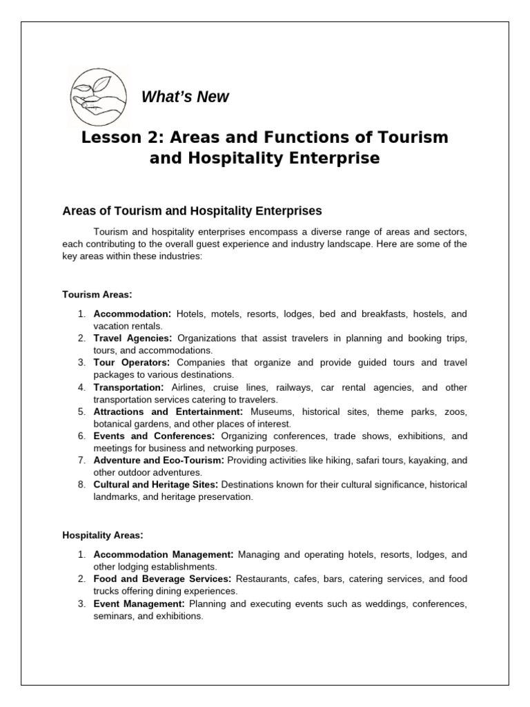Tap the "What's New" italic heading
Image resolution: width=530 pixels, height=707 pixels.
(184, 97)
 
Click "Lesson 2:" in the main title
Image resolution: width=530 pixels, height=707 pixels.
(114, 137)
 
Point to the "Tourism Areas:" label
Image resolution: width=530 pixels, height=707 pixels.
(97, 295)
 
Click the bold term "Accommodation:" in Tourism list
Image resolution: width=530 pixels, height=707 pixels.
(132, 314)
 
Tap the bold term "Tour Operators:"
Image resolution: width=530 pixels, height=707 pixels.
(131, 362)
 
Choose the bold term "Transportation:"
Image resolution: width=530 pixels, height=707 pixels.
(128, 387)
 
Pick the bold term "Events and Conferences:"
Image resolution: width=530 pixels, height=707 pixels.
(155, 436)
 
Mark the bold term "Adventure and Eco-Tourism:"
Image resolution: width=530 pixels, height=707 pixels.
(159, 461)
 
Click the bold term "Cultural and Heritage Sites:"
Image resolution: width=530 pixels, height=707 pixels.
(156, 485)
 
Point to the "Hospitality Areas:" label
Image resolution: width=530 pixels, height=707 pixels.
(103, 534)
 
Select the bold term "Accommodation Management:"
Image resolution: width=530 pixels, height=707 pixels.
(164, 554)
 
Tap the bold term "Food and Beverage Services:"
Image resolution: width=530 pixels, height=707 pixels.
(162, 579)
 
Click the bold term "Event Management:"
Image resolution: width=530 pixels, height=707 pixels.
(139, 603)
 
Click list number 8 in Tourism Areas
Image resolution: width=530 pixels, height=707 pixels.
(81, 485)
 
